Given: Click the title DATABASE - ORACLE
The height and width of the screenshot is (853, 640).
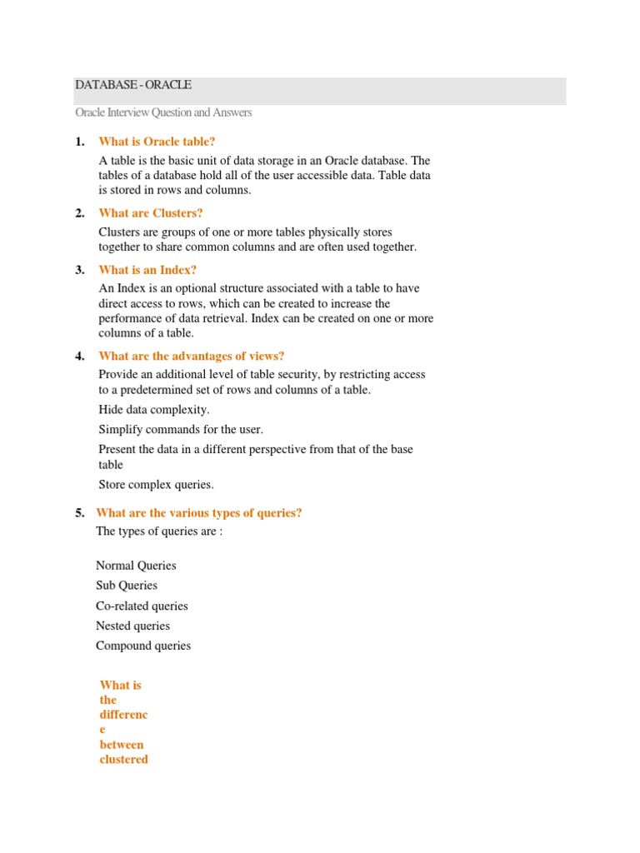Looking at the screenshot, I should click(x=133, y=85).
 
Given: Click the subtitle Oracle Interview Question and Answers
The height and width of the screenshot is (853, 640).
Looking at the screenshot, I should click(x=163, y=112).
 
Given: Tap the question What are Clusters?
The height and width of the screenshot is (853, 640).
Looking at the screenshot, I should click(x=151, y=213).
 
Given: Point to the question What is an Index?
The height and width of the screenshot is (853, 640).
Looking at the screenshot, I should click(x=147, y=270).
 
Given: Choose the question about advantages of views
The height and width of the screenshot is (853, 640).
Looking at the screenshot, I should click(x=192, y=356).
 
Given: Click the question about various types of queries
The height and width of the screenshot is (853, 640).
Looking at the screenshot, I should click(x=199, y=513).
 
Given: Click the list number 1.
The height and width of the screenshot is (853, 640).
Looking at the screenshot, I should click(x=79, y=142).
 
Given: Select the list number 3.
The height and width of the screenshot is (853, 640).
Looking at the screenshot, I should click(x=79, y=270).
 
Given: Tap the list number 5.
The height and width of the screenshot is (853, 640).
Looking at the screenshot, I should click(x=79, y=513).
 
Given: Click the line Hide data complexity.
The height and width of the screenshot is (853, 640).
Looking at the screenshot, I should click(x=154, y=410).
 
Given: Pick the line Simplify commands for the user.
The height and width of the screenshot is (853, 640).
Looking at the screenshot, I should click(x=181, y=430).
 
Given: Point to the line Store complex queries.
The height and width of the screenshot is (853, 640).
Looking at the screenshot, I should click(x=157, y=485).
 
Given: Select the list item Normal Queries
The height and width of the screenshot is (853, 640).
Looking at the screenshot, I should click(x=136, y=566).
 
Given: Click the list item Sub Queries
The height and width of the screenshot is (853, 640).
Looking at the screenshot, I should click(x=127, y=586).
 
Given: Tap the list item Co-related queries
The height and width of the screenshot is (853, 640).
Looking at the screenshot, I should click(x=142, y=606).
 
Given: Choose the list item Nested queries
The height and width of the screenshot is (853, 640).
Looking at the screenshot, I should click(x=132, y=626).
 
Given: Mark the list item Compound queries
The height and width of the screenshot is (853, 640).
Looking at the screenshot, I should click(x=143, y=646).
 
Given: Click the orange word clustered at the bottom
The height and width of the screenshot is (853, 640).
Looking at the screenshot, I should click(x=123, y=760).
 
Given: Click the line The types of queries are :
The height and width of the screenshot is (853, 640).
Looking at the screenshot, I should click(x=159, y=531).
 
